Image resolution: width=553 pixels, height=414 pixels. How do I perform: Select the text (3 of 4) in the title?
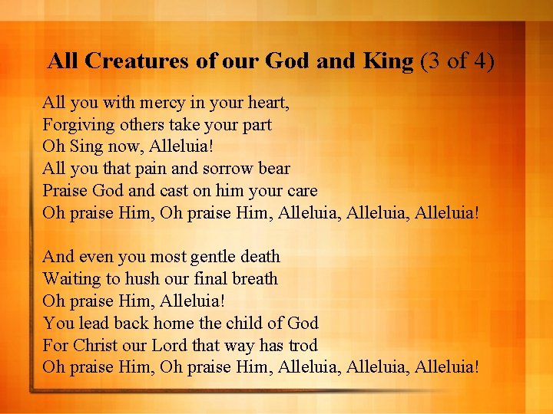point(458,61)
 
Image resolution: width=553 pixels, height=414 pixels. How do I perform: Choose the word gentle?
point(210,256)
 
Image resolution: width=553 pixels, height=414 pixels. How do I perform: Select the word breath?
point(255,278)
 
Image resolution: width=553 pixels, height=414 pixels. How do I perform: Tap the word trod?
point(301,345)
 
